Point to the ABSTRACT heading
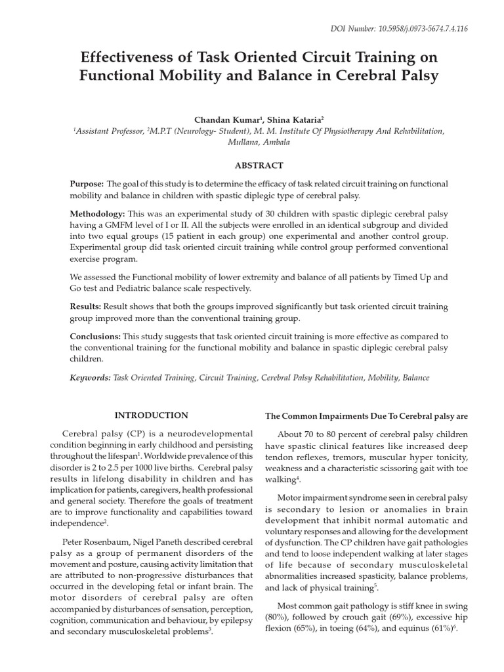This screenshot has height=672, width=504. tap(259, 165)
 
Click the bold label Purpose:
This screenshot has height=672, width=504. tap(87, 184)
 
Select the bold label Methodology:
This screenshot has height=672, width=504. tap(97, 214)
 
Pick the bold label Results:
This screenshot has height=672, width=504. tap(85, 306)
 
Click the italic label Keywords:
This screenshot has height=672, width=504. tap(90, 378)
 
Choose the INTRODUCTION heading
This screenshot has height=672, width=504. tap(151, 415)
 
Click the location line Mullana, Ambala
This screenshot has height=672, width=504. tap(259, 142)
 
